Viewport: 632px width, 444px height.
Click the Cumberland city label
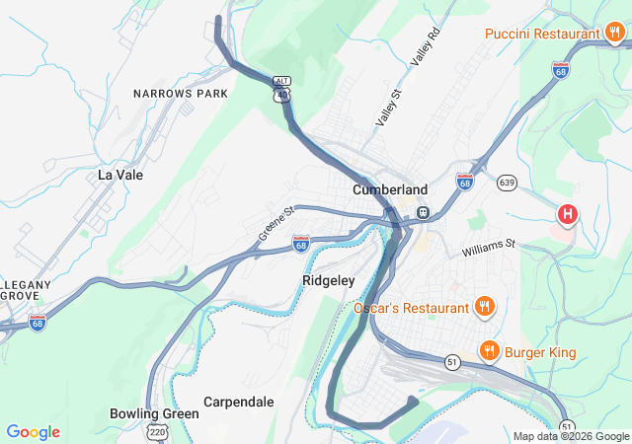click(390, 189)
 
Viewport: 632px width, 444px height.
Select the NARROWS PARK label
click(181, 94)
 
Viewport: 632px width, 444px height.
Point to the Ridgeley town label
click(327, 280)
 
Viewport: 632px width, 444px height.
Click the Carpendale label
click(238, 402)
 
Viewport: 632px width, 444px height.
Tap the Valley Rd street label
click(423, 69)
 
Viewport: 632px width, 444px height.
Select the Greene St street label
click(277, 224)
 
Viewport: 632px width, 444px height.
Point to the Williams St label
click(489, 247)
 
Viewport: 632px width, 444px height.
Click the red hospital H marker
click(568, 213)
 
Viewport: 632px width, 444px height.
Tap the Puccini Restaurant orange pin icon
click(615, 34)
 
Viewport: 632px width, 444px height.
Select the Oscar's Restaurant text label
click(412, 308)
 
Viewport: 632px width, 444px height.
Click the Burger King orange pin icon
click(488, 350)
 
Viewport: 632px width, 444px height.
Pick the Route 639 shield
click(508, 182)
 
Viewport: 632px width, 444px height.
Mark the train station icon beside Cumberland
click(423, 212)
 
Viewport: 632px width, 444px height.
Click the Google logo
click(33, 432)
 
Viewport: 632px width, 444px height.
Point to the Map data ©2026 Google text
click(571, 436)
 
